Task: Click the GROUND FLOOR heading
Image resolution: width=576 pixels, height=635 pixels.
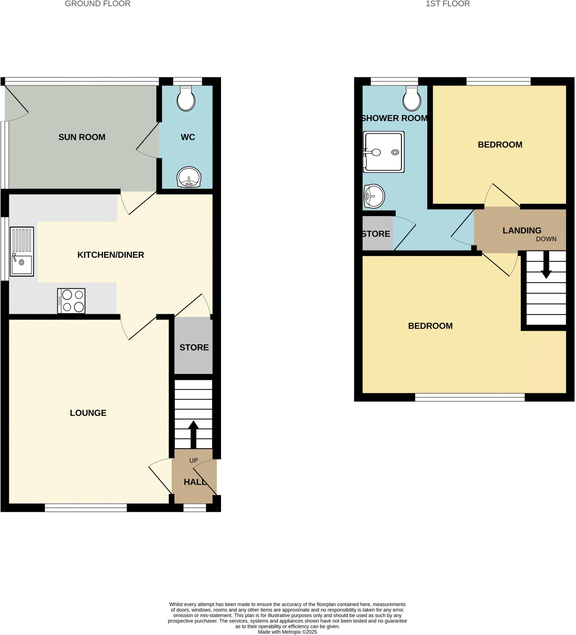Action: [97, 4]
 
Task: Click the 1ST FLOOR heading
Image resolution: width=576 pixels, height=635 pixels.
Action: [448, 4]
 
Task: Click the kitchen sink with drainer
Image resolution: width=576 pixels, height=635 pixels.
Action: [22, 251]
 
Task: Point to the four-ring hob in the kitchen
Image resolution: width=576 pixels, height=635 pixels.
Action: [71, 301]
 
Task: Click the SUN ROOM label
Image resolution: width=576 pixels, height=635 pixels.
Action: [82, 137]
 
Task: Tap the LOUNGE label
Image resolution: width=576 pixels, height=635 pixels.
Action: [88, 413]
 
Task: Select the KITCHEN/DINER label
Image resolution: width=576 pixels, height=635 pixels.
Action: [111, 255]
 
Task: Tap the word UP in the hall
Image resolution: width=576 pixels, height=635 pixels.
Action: [193, 460]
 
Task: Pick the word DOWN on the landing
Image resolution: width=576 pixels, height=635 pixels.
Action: [546, 239]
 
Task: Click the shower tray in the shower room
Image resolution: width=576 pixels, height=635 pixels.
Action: [384, 152]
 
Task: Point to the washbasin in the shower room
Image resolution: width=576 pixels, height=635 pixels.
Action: [374, 196]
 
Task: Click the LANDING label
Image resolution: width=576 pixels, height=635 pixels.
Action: [522, 231]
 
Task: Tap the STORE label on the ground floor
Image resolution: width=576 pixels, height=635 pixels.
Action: [194, 348]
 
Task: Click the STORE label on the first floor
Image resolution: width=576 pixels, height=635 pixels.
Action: [376, 234]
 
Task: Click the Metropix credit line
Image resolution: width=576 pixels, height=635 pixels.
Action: [287, 632]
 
